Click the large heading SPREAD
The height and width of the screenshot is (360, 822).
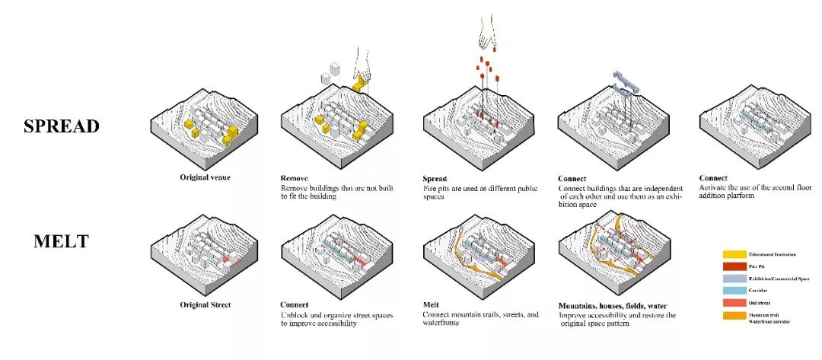tap(62, 126)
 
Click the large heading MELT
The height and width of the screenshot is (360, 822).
tap(62, 242)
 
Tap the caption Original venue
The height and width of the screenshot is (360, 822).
tap(205, 177)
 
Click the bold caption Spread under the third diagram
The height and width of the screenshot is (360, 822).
tap(435, 179)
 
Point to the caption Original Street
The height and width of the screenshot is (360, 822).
tap(205, 304)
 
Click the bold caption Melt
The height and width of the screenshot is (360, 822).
tap(432, 304)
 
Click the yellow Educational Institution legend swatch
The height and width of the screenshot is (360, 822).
tap(734, 253)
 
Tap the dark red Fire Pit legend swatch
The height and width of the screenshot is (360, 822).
tap(734, 267)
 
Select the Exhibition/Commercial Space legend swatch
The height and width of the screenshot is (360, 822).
tap(734, 281)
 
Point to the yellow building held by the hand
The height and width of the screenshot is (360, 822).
tap(358, 80)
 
